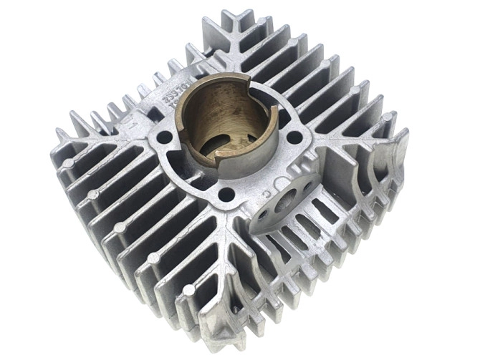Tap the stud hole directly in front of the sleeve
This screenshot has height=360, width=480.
[226, 193]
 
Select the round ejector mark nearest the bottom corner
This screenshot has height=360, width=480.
[188, 290]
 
